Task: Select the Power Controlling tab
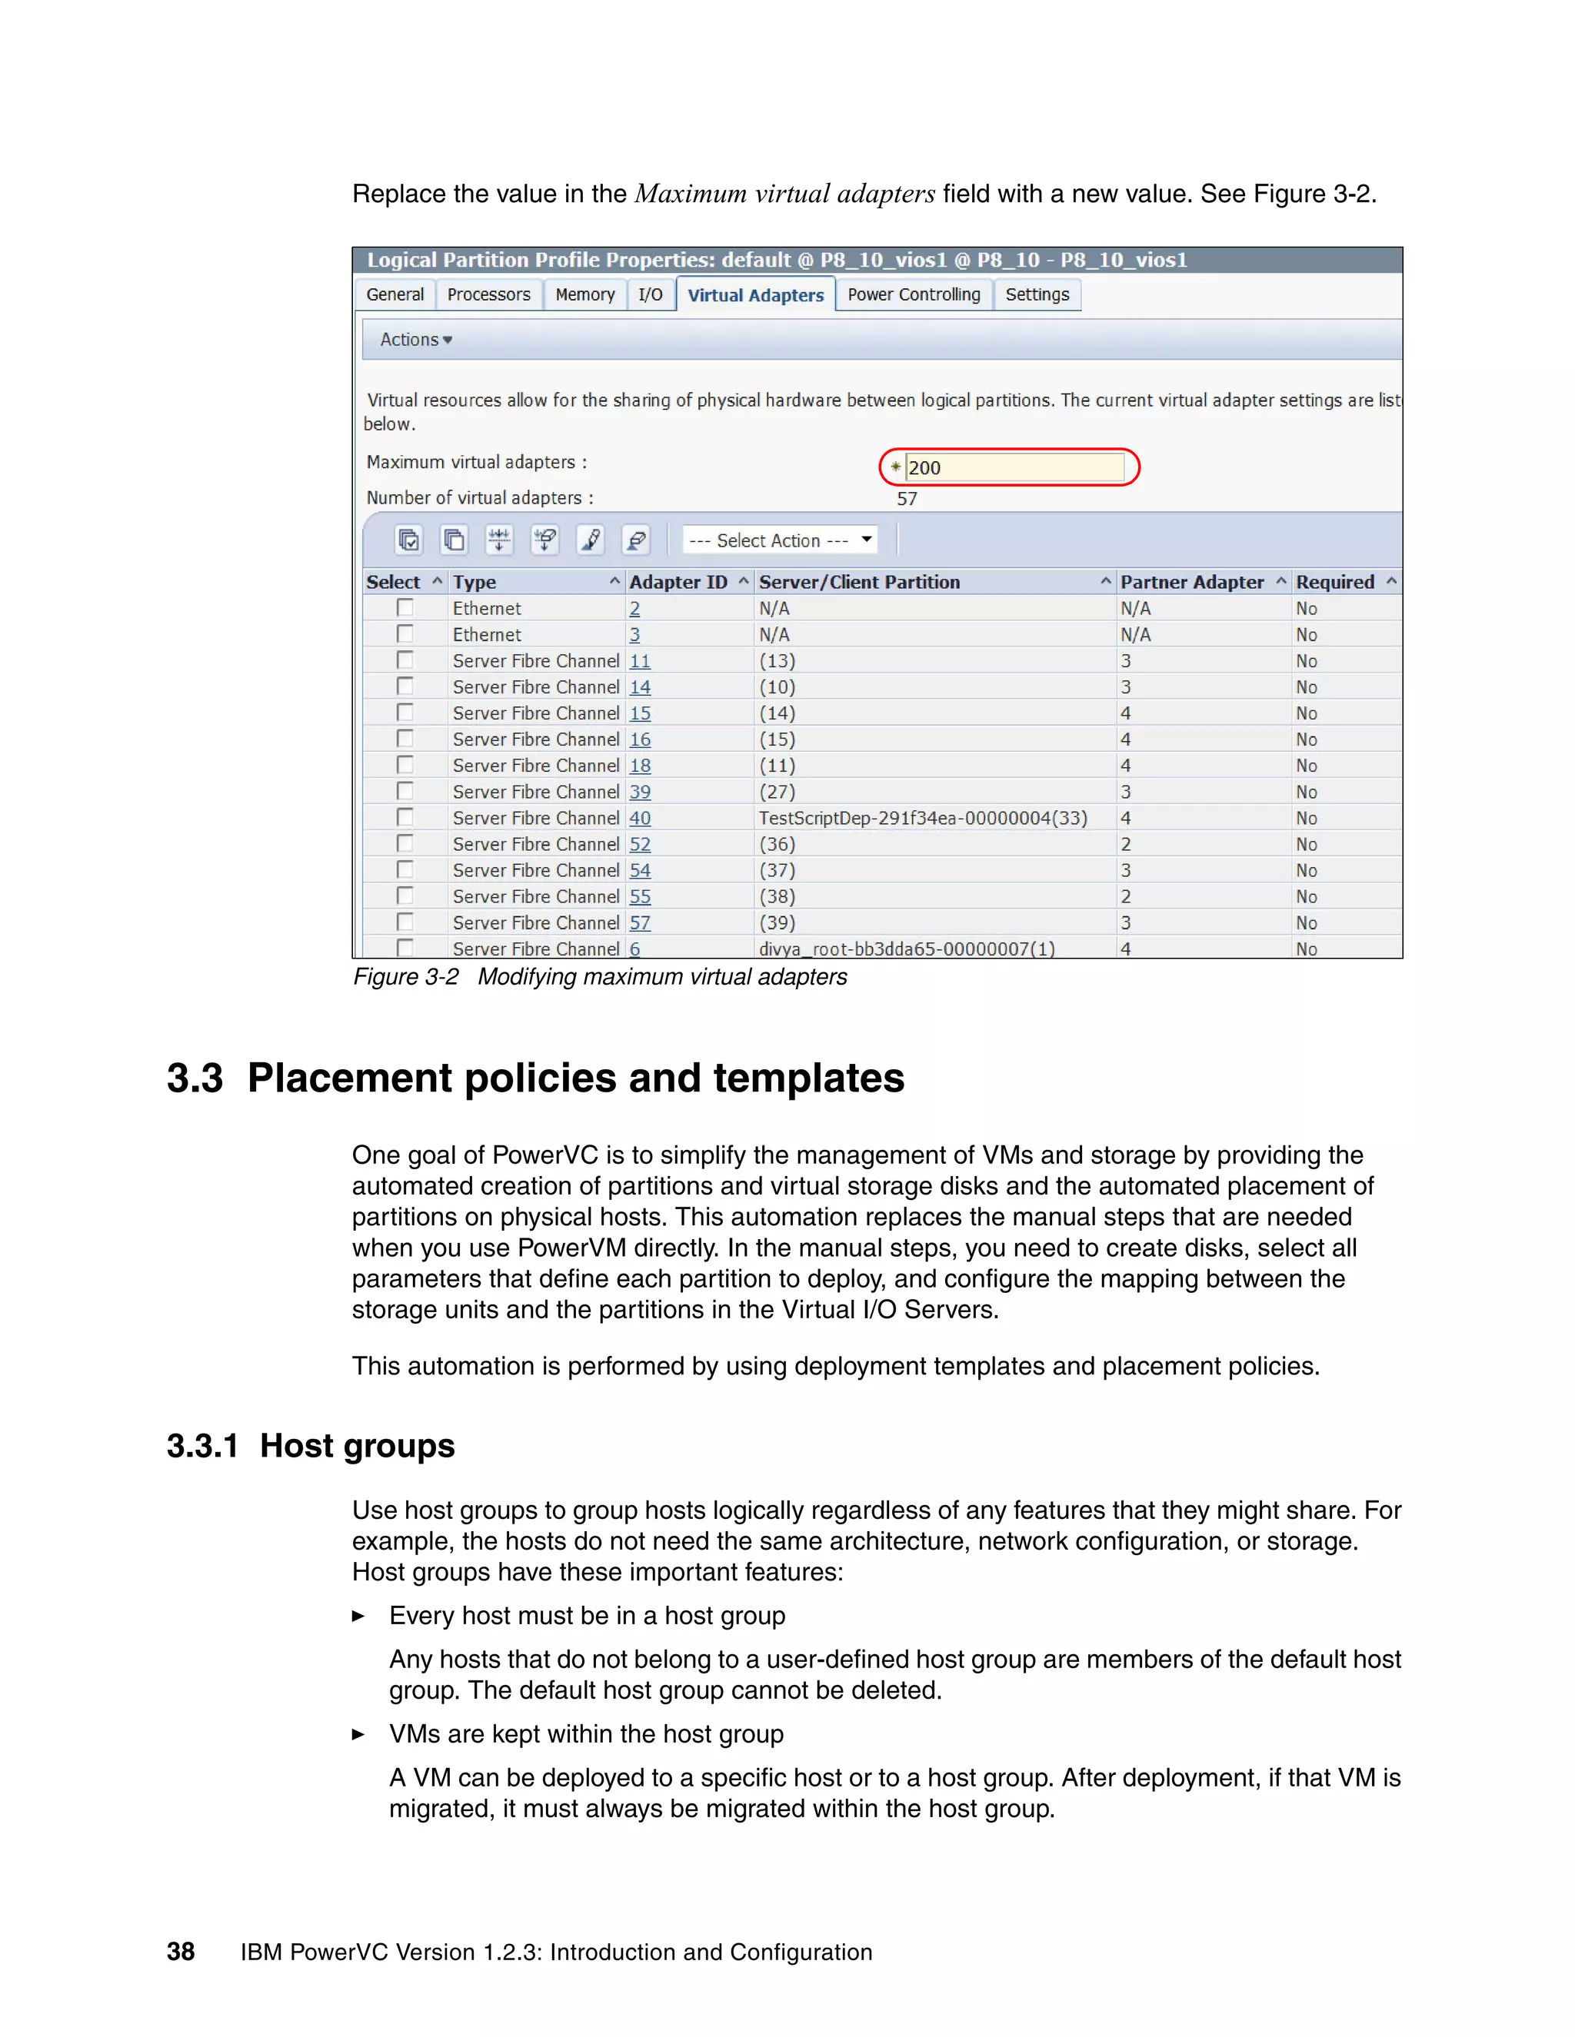tap(914, 294)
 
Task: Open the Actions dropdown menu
tap(416, 340)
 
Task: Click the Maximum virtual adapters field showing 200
tap(1014, 467)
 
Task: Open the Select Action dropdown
tap(782, 540)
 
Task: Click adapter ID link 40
tap(639, 818)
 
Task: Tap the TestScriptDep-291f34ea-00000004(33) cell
tap(923, 818)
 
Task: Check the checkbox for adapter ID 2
tap(405, 608)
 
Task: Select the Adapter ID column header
tap(678, 582)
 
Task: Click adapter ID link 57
tap(639, 922)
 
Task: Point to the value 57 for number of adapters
tap(907, 499)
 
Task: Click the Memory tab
tap(585, 294)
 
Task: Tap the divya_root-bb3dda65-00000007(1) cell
tap(907, 949)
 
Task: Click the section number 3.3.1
tap(202, 1445)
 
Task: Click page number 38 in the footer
tap(181, 1951)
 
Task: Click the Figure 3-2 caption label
tap(406, 976)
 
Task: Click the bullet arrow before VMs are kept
tap(358, 1734)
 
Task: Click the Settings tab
tap(1037, 294)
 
